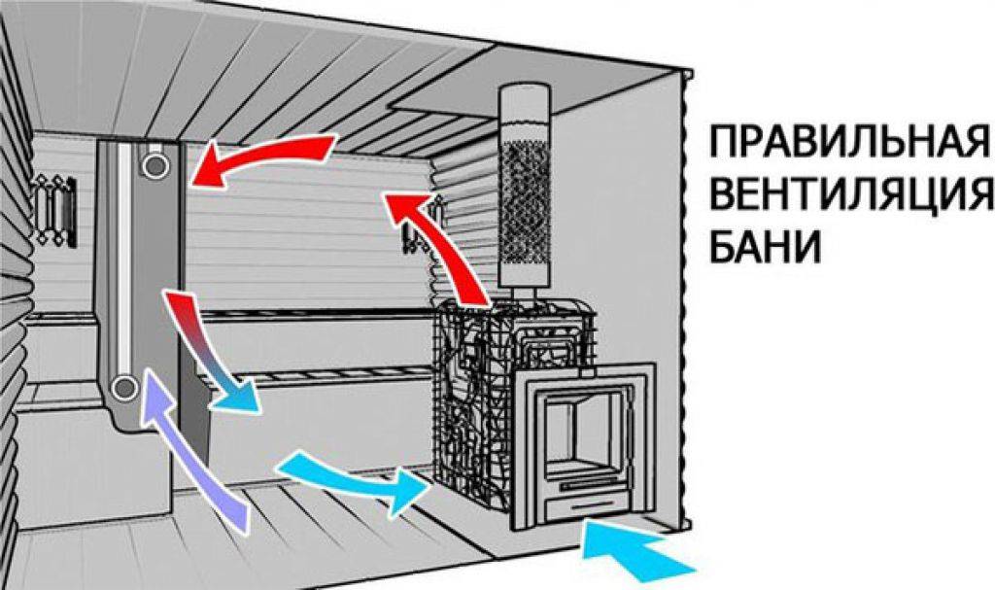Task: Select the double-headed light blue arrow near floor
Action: pyautogui.click(x=352, y=479)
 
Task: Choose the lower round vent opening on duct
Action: pyautogui.click(x=124, y=387)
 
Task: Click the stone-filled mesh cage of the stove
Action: pyautogui.click(x=473, y=406)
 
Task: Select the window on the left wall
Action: pyautogui.click(x=55, y=210)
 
